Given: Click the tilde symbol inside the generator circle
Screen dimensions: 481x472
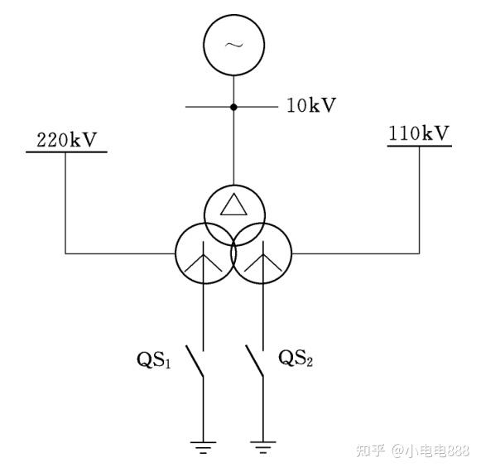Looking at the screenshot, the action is coord(233,46).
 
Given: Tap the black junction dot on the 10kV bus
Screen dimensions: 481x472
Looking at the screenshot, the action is coord(233,107).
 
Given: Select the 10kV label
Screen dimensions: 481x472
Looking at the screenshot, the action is coord(311,105).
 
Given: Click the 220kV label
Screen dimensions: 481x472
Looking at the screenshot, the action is coord(66,140).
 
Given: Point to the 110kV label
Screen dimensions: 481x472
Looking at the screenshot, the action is coord(419,133).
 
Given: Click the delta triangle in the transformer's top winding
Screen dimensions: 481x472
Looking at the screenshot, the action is coord(233,205).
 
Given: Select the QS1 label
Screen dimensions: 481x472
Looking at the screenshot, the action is coord(153,359).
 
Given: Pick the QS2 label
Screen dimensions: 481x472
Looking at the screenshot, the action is coord(296,358).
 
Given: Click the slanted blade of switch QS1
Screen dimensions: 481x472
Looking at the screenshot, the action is coord(195,361).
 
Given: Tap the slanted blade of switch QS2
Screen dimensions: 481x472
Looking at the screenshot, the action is coord(254,360).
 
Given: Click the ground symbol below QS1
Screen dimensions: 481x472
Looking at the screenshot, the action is coord(203,447).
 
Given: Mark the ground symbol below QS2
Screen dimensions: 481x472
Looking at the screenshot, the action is coord(263,447).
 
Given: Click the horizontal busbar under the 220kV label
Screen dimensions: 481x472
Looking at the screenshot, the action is coord(66,152).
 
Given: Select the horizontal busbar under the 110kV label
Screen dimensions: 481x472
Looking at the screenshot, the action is coord(420,146).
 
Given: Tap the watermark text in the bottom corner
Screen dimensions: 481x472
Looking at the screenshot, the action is coord(412,450).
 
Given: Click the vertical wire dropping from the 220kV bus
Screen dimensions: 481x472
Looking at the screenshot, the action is coord(65,203).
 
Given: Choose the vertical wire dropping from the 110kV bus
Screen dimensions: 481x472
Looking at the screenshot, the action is coord(420,200).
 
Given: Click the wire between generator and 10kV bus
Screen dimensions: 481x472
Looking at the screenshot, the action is coord(233,90).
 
